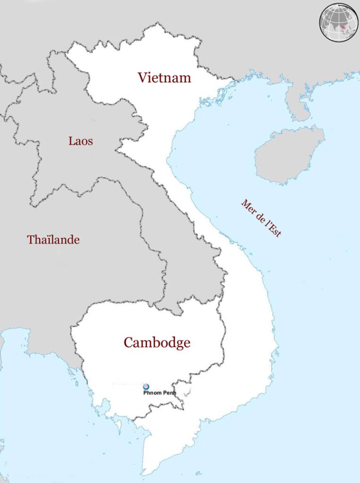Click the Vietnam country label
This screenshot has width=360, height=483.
(x=164, y=78)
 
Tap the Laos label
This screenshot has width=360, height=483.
(x=81, y=141)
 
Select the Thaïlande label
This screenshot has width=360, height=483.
(x=53, y=240)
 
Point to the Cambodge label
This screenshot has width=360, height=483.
(x=157, y=342)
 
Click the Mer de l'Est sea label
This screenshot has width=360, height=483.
(x=261, y=218)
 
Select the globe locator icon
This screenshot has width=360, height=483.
(x=339, y=21)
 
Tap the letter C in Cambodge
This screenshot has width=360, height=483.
(x=129, y=342)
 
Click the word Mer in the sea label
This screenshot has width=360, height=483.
(x=248, y=206)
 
